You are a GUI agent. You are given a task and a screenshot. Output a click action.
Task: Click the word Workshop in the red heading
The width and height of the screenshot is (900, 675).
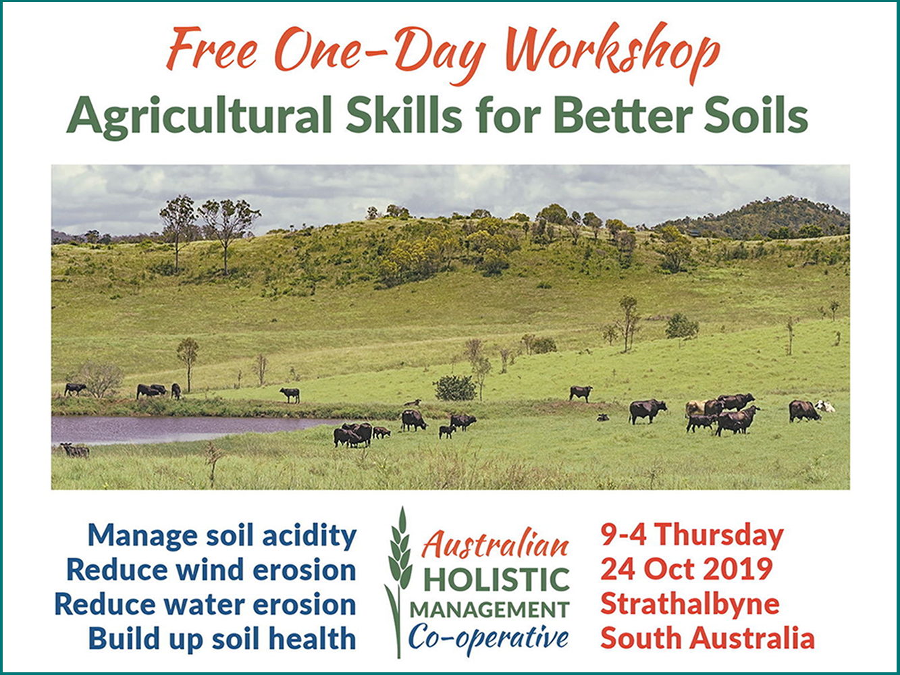coord(612,53)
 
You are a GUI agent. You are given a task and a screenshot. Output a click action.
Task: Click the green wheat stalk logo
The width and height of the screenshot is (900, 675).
coord(398,583)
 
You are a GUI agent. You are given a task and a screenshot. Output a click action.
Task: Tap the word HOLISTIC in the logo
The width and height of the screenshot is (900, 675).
coord(496,580)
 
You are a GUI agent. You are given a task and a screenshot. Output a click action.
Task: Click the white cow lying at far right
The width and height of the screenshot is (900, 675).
coord(824,406)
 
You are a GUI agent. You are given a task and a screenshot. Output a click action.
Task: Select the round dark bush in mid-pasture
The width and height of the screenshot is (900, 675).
coord(454,388)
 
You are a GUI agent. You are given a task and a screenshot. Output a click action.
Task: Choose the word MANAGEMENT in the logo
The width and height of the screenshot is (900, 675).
coord(489,610)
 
